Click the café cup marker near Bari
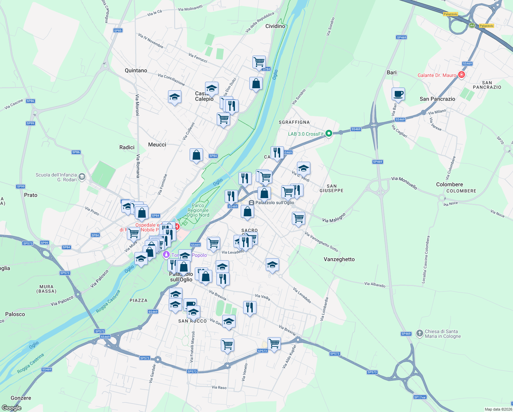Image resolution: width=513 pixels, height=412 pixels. pyautogui.click(x=398, y=94)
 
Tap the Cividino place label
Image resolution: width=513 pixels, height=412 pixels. pyautogui.click(x=275, y=26)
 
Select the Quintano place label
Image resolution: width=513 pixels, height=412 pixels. pyautogui.click(x=136, y=70)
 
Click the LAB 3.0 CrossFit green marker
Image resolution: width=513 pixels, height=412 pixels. pyautogui.click(x=329, y=133)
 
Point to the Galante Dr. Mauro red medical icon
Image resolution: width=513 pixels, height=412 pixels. pyautogui.click(x=462, y=75)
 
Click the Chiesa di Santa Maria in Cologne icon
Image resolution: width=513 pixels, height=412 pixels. pyautogui.click(x=419, y=333)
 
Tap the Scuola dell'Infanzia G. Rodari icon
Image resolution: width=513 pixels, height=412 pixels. pyautogui.click(x=82, y=177)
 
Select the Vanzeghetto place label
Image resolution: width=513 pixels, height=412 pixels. pyautogui.click(x=339, y=259)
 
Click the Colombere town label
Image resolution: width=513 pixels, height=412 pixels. pyautogui.click(x=449, y=184)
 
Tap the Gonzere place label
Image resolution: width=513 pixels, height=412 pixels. pyautogui.click(x=21, y=398)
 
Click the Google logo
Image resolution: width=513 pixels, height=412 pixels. pyautogui.click(x=12, y=408)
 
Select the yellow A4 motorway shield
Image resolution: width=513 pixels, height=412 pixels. pyautogui.click(x=472, y=25)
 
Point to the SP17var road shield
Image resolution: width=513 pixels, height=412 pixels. pyautogui.click(x=420, y=397)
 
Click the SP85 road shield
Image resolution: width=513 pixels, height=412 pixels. pyautogui.click(x=118, y=31)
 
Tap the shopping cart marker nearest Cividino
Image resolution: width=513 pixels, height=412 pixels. pyautogui.click(x=259, y=62)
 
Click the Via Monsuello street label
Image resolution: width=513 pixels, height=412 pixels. pyautogui.click(x=404, y=183)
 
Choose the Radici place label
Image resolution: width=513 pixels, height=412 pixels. pyautogui.click(x=127, y=147)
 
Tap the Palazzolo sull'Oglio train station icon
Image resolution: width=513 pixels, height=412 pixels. pyautogui.click(x=251, y=203)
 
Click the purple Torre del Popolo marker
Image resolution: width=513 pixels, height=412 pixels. pyautogui.click(x=166, y=255)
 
